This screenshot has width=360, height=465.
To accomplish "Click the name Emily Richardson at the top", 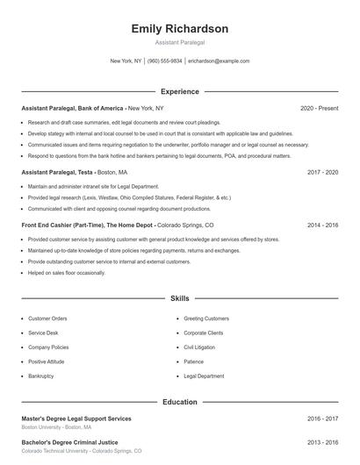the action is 179,29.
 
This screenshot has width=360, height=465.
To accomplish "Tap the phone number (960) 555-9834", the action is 165,61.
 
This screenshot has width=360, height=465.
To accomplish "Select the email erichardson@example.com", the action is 219,61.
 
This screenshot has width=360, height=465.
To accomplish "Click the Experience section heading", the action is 179,91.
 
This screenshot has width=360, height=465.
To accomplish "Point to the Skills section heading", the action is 179,299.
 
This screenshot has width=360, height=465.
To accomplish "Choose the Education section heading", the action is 179,402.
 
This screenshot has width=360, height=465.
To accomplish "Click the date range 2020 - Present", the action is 319,108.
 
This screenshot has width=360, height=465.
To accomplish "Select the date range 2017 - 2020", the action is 322,173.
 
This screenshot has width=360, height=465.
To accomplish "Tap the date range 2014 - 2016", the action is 322,225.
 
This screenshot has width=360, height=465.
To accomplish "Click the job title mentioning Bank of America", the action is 73,108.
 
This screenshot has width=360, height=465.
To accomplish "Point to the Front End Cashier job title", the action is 88,225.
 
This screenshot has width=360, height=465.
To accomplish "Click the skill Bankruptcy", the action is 41,376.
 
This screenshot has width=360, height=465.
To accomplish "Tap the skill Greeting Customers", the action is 206,318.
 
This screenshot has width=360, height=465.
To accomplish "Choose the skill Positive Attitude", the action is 47,361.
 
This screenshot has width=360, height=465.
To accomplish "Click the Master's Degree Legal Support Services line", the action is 76,419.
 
